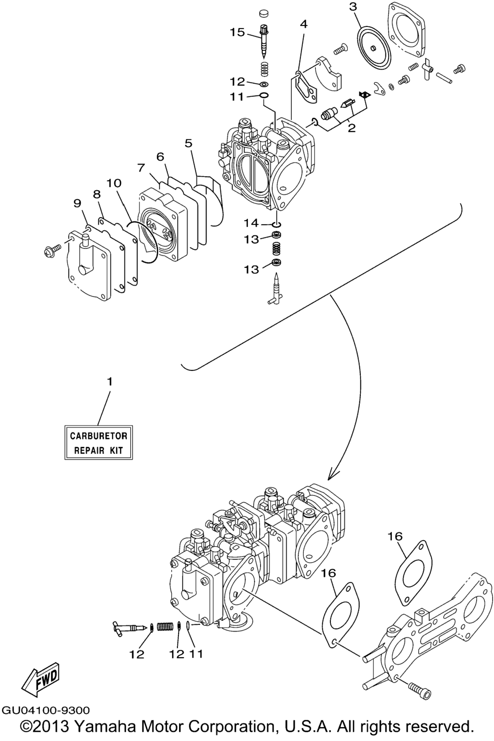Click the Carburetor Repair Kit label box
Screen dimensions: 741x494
click(98, 442)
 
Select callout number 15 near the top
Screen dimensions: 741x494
click(237, 32)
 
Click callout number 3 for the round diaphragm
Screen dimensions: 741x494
click(304, 24)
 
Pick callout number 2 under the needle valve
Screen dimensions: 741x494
click(352, 128)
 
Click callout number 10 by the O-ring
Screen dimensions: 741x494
click(114, 183)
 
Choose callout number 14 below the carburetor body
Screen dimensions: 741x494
click(251, 223)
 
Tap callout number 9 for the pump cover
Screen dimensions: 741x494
click(77, 203)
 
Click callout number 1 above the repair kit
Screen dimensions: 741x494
click(110, 381)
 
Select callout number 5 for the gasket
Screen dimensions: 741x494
click(188, 143)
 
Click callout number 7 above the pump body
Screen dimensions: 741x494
click(141, 167)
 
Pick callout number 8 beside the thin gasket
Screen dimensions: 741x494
click(97, 194)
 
